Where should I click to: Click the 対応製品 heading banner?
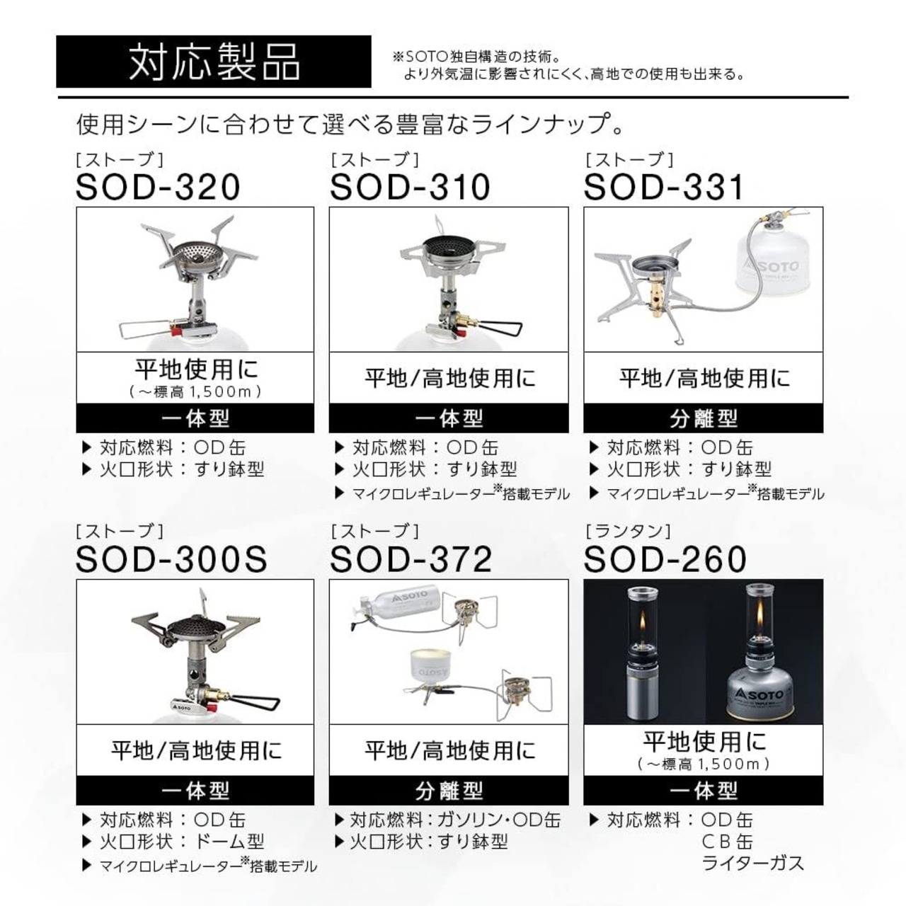pos(214,62)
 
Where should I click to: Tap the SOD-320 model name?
pos(158,188)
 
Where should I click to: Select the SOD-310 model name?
pos(410,188)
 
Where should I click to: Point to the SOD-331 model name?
pos(663,188)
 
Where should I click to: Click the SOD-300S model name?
pos(171,559)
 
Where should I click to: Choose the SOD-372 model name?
pos(411,559)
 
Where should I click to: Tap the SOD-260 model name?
pos(665,559)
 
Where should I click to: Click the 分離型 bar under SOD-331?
pos(704,418)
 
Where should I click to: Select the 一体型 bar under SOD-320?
pos(195,418)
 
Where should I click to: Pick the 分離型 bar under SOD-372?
pos(449,791)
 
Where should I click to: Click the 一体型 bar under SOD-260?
pos(704,791)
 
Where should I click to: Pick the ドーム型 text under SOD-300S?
pos(229,841)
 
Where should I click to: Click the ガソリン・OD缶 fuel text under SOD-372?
pos(499,820)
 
